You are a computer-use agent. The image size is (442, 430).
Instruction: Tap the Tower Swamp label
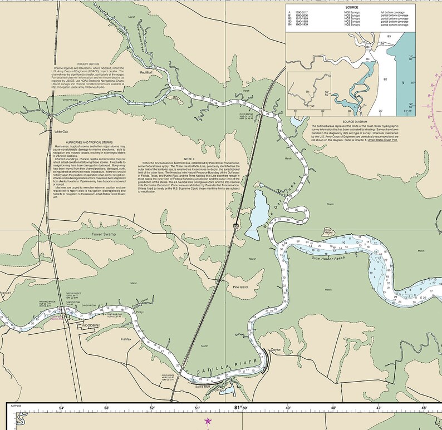105,235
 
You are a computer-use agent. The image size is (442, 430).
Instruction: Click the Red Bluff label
146,72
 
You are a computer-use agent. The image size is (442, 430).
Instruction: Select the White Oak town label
61,131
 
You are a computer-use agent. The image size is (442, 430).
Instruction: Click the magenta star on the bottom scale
209,421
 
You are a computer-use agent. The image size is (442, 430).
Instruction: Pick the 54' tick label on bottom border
62,409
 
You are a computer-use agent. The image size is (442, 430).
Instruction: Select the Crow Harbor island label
328,232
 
